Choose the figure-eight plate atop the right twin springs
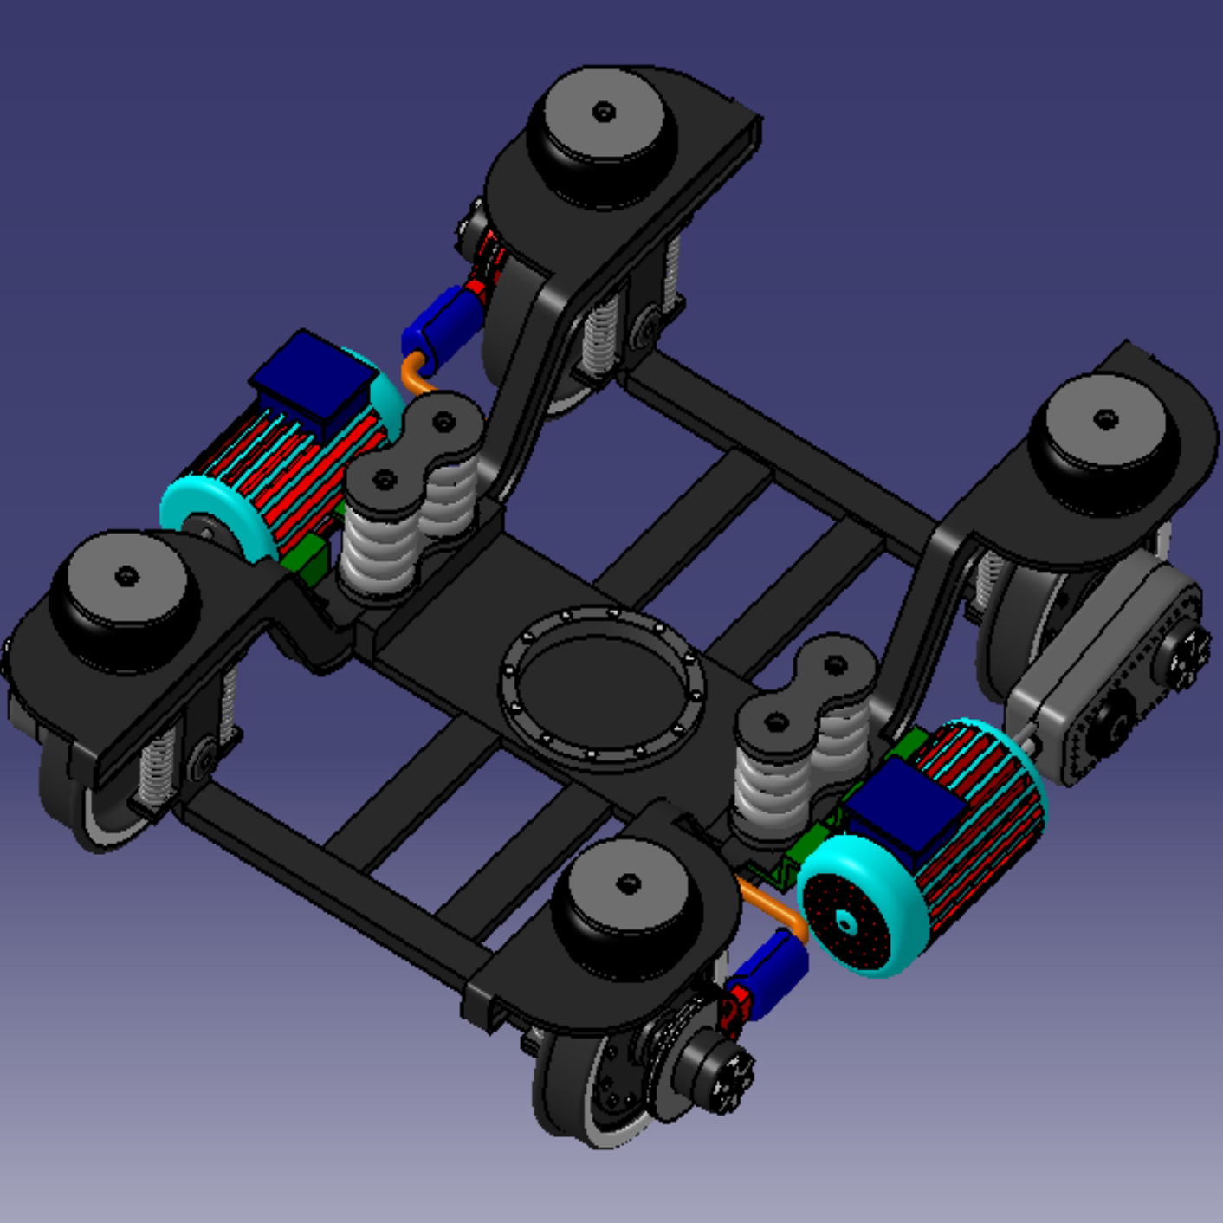[806, 693]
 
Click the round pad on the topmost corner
[605, 130]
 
